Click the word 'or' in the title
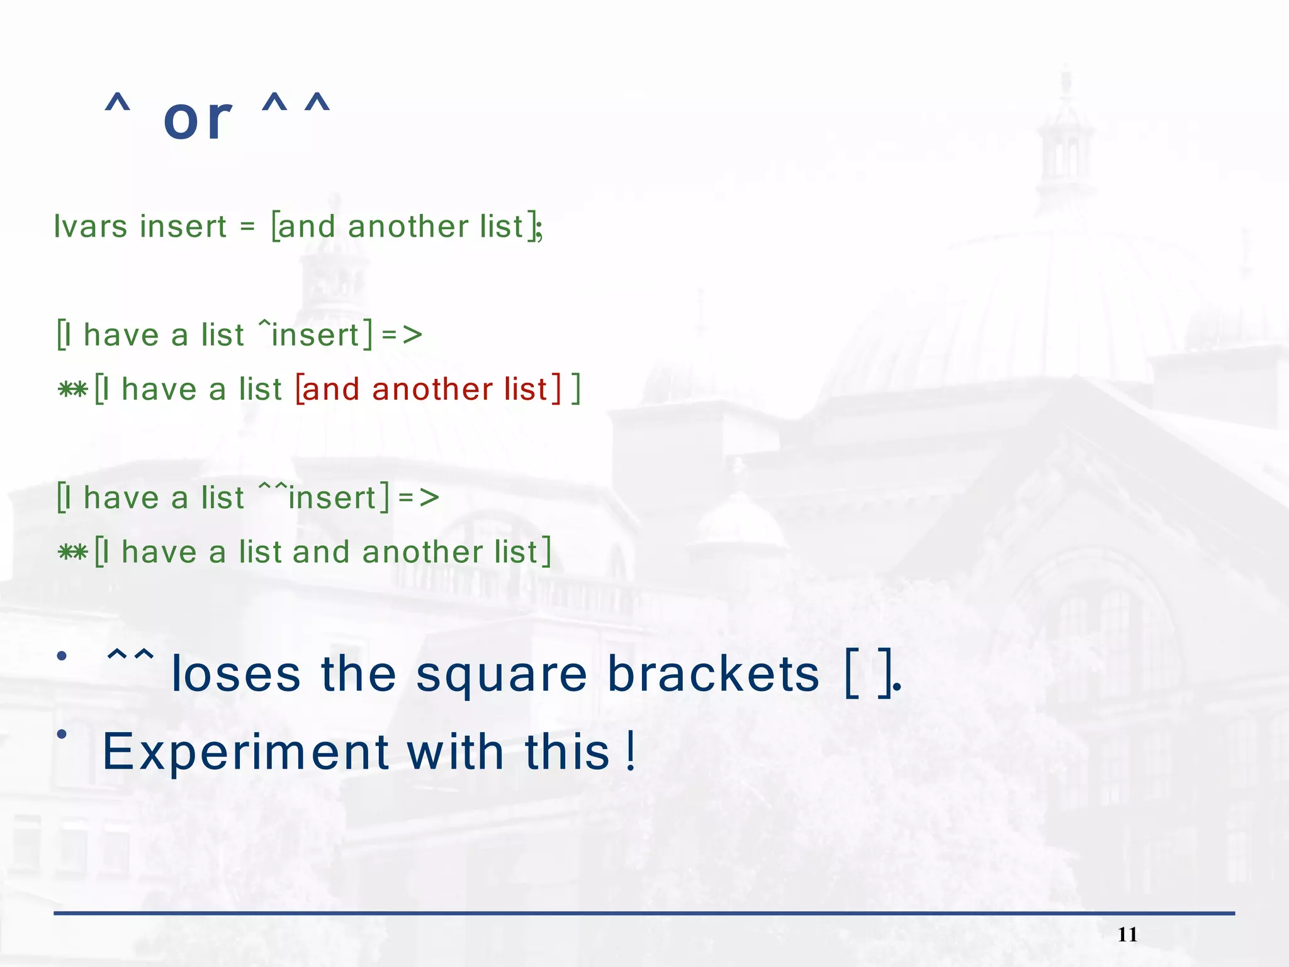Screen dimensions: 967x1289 click(x=198, y=120)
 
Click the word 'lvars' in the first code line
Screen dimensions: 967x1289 click(x=91, y=227)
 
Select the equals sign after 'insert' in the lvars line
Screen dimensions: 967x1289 click(x=247, y=227)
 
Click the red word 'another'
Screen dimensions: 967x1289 click(x=432, y=389)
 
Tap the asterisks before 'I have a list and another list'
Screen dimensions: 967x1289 click(x=72, y=553)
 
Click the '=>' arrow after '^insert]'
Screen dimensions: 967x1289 click(x=402, y=335)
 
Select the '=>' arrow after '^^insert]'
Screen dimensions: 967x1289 click(x=419, y=498)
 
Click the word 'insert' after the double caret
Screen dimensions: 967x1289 click(x=332, y=498)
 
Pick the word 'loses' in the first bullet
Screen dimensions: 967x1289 click(x=236, y=674)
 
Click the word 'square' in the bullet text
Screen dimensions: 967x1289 click(x=502, y=674)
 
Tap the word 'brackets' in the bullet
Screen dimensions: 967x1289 click(x=713, y=674)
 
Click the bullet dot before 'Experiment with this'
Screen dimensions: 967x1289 click(x=62, y=734)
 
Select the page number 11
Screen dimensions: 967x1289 click(x=1127, y=934)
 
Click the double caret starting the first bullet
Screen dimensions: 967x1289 click(x=130, y=658)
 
